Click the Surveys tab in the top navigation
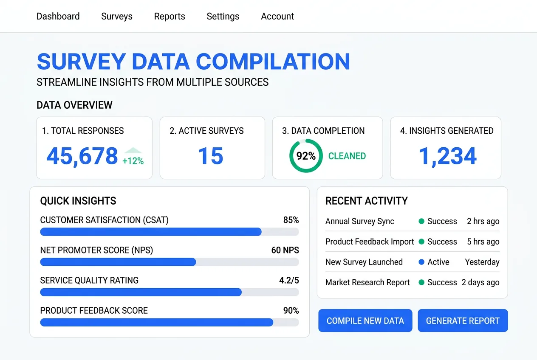click(117, 17)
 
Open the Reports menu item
click(170, 17)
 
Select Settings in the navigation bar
click(223, 17)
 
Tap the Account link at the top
click(277, 17)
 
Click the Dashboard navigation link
click(58, 17)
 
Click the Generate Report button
click(463, 321)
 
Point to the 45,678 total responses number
click(82, 156)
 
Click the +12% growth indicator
click(133, 160)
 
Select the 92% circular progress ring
click(306, 156)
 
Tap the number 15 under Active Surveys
click(211, 156)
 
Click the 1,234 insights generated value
click(448, 156)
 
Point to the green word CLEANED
click(347, 156)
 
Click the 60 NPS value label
click(285, 250)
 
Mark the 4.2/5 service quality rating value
click(289, 280)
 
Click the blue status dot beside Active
click(421, 262)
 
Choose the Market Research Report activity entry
click(367, 282)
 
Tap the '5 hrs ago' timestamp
click(483, 242)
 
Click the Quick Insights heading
click(78, 201)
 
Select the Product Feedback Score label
click(94, 310)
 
